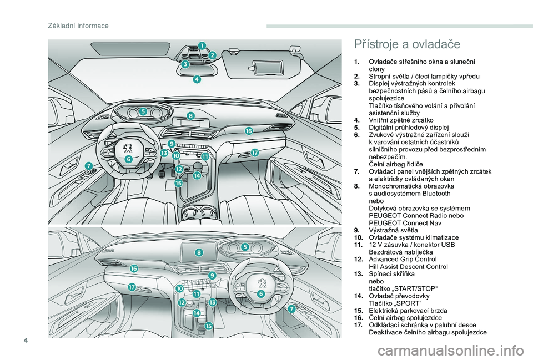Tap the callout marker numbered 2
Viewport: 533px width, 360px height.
pyautogui.click(x=212, y=54)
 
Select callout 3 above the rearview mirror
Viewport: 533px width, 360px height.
pyautogui.click(x=185, y=64)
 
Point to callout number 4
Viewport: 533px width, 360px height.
pyautogui.click(x=197, y=79)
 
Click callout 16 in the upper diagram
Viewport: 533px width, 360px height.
pyautogui.click(x=248, y=131)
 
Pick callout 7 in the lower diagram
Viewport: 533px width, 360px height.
pyautogui.click(x=291, y=309)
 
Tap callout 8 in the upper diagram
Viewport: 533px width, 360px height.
pyautogui.click(x=190, y=116)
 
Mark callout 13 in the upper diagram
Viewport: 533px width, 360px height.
pyautogui.click(x=164, y=152)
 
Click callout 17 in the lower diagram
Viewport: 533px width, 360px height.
pyautogui.click(x=132, y=287)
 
